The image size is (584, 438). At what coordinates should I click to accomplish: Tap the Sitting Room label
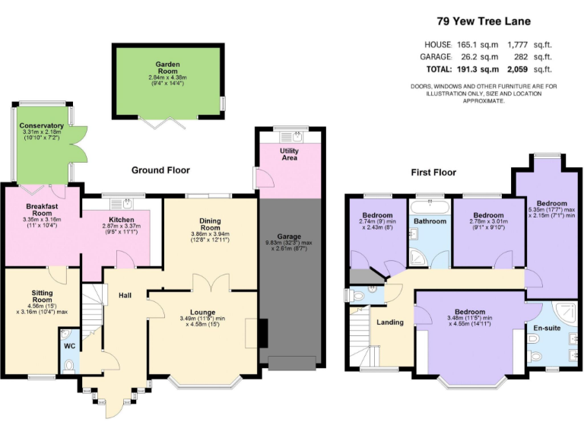coord(42,297)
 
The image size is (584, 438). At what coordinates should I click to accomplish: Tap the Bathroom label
coord(430,221)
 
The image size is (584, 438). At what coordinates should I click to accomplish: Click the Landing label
coord(390,322)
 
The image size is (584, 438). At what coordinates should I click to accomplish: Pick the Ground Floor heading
coord(160,170)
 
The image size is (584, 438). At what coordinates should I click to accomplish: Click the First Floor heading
coord(433,173)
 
